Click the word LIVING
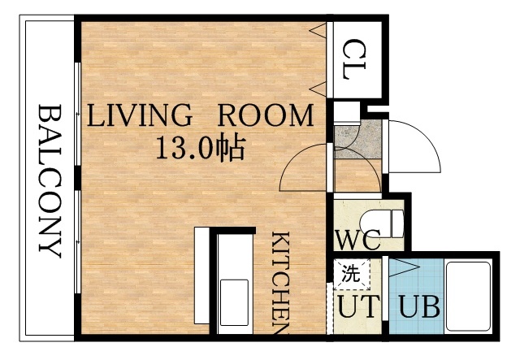(139, 115)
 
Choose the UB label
(419, 308)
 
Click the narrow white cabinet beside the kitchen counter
(202, 276)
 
